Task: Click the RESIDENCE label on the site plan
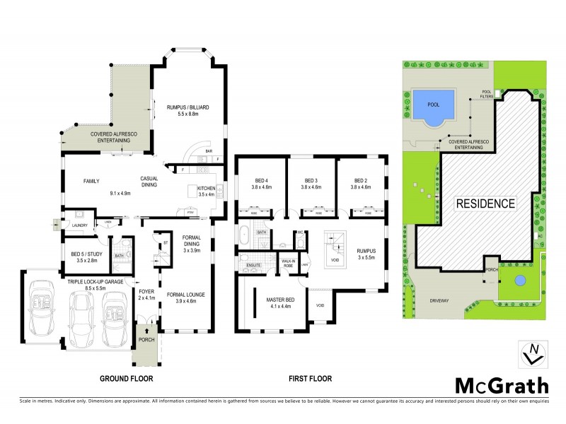tap(484, 204)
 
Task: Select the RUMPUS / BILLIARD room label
tap(187, 107)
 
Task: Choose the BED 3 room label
tap(311, 184)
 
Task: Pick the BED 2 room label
tap(362, 184)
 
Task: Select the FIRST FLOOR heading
tap(310, 379)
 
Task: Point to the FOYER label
tap(147, 292)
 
